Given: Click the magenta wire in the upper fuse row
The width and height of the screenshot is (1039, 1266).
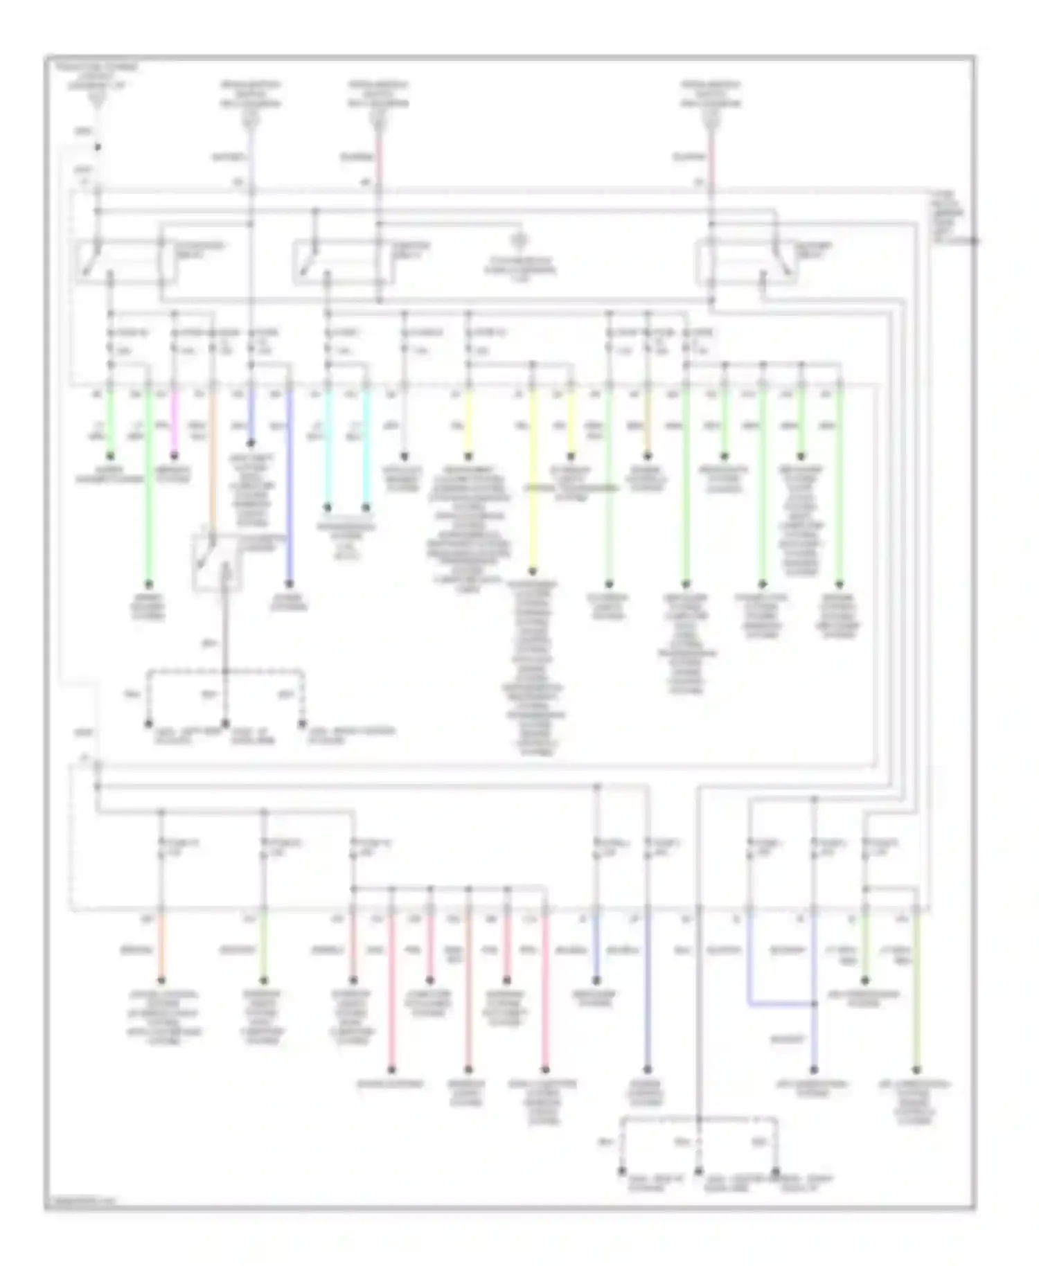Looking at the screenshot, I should click(x=175, y=422).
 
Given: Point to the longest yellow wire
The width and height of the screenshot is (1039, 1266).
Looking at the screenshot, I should click(x=533, y=485).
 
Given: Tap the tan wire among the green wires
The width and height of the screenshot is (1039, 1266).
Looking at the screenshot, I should click(x=648, y=422).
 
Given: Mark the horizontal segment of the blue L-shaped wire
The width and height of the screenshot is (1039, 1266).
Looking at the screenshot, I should click(x=781, y=1004).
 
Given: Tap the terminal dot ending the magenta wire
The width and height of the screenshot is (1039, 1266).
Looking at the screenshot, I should click(x=175, y=456).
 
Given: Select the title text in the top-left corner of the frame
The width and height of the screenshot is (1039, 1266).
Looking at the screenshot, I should click(x=97, y=75).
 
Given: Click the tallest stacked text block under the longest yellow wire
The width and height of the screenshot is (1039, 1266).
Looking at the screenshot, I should click(x=534, y=668).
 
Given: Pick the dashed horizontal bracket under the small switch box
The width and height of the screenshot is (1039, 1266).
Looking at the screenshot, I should click(x=225, y=670).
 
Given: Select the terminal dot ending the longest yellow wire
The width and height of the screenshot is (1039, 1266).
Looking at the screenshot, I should click(x=533, y=572).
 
